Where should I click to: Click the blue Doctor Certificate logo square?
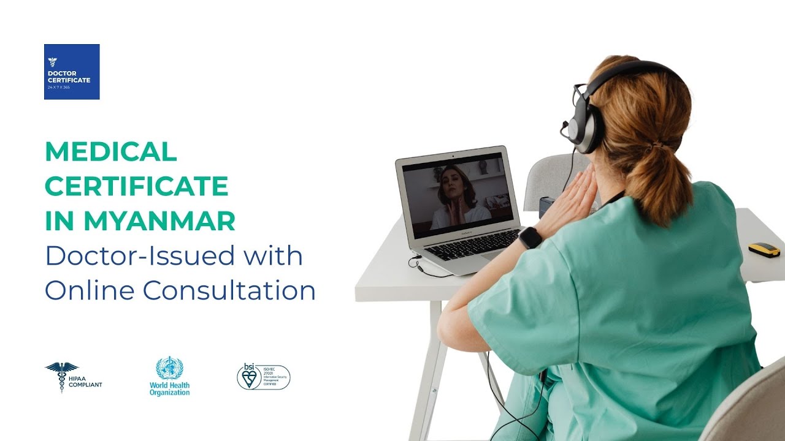pos(72,72)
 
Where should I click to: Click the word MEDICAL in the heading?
pos(111,151)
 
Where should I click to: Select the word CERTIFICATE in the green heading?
pos(136,186)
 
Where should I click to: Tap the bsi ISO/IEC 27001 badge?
pos(263,377)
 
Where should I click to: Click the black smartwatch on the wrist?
pos(530,237)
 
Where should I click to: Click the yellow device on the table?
pos(764,249)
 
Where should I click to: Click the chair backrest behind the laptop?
pos(549,178)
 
